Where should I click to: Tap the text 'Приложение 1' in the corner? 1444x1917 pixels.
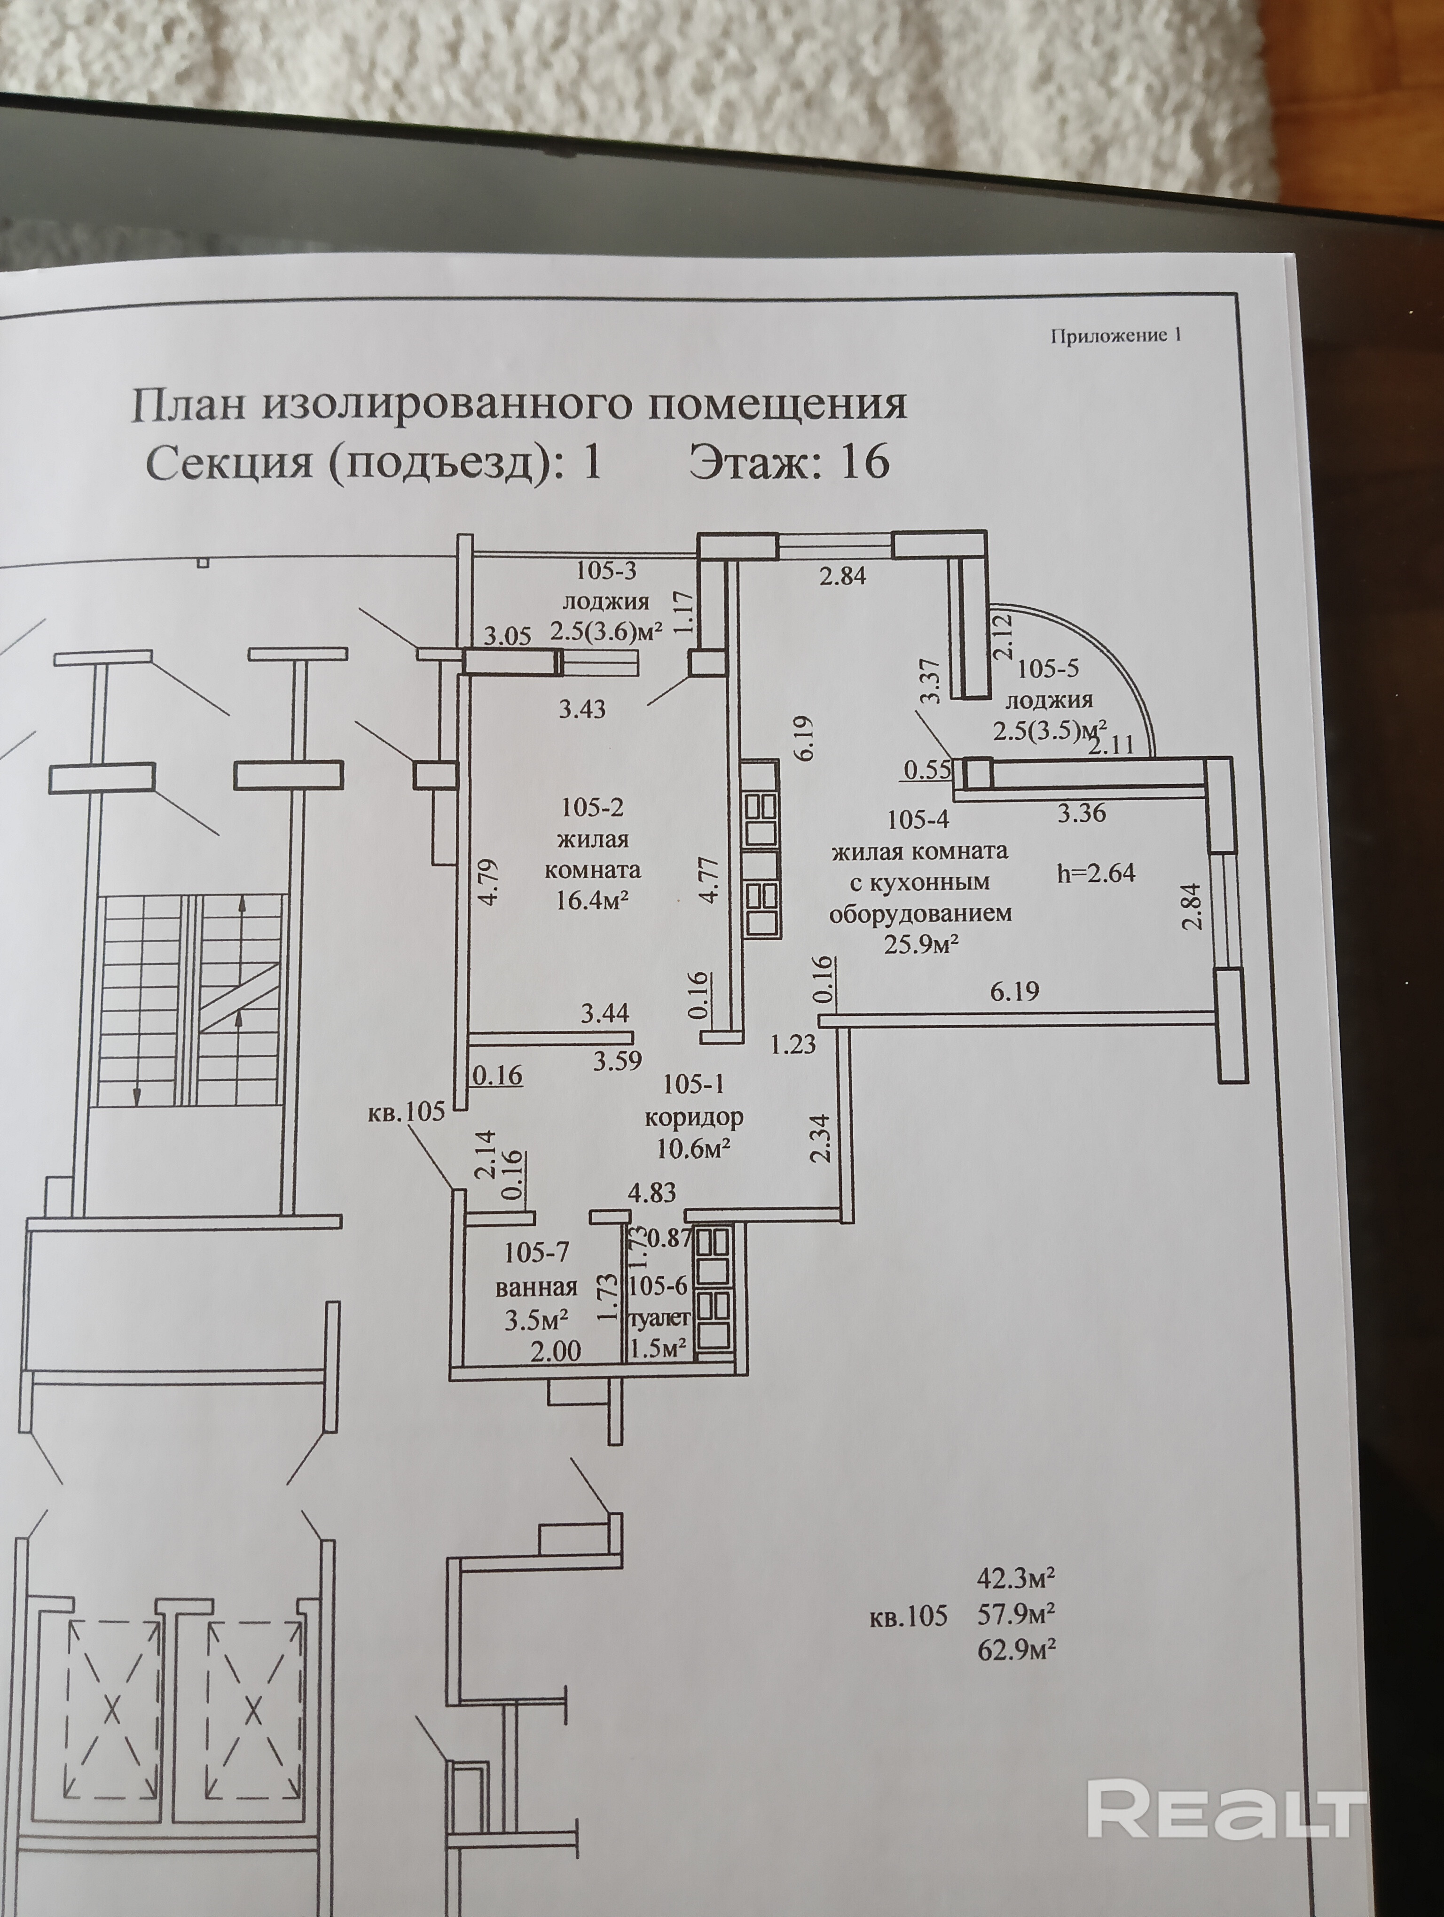[1115, 336]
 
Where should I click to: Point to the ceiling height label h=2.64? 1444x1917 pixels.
[1096, 873]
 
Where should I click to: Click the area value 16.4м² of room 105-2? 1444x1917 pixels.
[592, 900]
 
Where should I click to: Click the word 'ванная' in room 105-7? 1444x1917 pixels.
[536, 1287]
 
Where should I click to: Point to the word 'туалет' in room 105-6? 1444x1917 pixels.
[660, 1318]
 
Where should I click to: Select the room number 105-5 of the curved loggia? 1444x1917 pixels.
[1048, 669]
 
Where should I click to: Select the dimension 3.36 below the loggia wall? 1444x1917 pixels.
[1082, 813]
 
